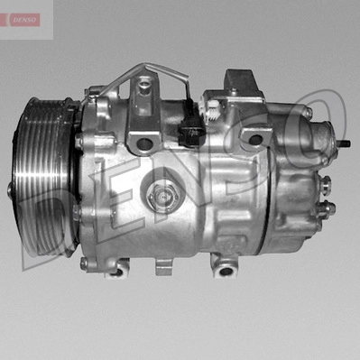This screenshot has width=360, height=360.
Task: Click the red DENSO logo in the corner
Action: click(x=24, y=20)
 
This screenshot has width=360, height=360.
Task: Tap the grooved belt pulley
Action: click(x=42, y=178)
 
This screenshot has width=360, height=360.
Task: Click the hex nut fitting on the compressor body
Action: click(x=162, y=197)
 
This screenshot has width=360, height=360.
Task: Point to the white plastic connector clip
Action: click(x=211, y=110)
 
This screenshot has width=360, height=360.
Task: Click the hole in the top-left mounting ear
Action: click(x=145, y=143)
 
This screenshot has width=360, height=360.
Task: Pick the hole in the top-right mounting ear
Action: click(x=255, y=139)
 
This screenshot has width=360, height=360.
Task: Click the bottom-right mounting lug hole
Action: click(x=226, y=271)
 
